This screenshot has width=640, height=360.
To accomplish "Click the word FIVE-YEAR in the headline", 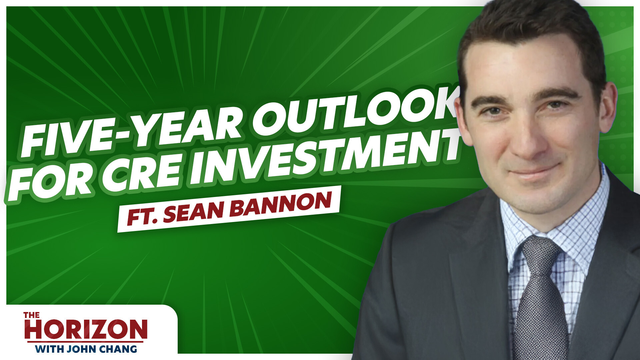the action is click(132, 133).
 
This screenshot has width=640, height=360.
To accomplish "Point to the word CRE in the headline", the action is click(147, 170).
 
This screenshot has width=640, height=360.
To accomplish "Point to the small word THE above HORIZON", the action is click(32, 315).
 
